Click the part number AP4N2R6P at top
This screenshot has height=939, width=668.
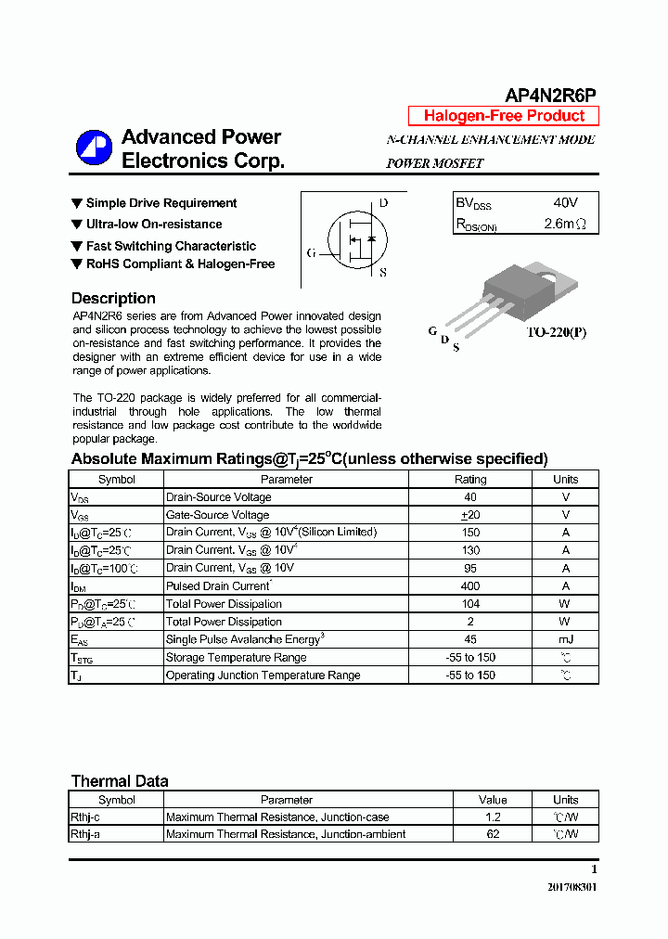coord(550,96)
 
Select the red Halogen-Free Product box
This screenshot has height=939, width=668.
coord(504,116)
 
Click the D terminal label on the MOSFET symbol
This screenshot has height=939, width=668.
coord(383,203)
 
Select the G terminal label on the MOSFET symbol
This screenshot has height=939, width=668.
coord(311,252)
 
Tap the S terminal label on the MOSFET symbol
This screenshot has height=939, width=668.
coord(383,273)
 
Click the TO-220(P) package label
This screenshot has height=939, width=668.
coord(557,332)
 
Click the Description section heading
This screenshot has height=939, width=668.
coord(113,299)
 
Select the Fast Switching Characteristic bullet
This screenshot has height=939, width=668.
coord(171,246)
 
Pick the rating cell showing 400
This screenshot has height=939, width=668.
coord(470,586)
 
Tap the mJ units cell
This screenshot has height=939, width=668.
coord(565,639)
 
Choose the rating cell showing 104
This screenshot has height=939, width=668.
coord(470,604)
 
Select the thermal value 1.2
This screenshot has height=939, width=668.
coord(493,817)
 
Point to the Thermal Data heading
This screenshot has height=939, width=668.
coord(120,781)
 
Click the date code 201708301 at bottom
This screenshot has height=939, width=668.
coord(572,887)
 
